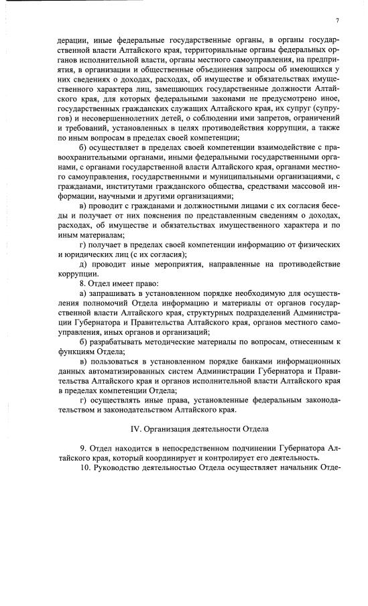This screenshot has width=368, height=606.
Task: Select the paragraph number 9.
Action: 82,447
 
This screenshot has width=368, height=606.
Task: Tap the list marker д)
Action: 84,264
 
